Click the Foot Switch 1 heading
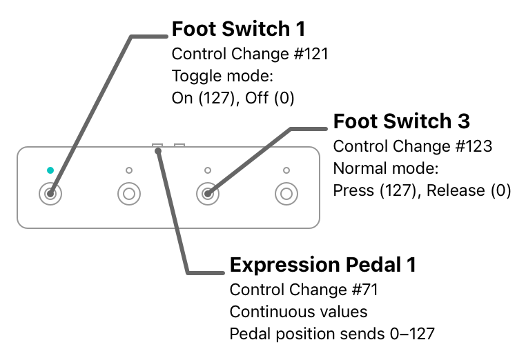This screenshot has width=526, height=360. click(x=239, y=30)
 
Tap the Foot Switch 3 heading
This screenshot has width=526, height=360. click(x=402, y=121)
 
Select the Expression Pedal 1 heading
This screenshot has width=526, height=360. click(x=323, y=265)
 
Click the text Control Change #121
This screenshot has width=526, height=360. click(x=250, y=54)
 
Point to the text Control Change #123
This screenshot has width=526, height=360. click(x=412, y=146)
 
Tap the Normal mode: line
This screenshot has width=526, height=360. click(x=386, y=168)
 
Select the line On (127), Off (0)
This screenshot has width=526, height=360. click(x=233, y=98)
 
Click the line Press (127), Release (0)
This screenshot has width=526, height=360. click(x=422, y=190)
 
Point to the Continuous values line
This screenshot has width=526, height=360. click(x=299, y=312)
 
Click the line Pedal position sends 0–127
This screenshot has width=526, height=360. click(x=332, y=334)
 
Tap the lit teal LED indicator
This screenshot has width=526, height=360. click(x=50, y=170)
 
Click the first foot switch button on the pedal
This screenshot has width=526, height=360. click(x=50, y=194)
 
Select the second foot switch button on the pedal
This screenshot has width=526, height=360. click(x=128, y=194)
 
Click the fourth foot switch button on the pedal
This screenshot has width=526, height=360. click(x=286, y=194)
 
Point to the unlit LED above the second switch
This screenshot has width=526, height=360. click(x=128, y=170)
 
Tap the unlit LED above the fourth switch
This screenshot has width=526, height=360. click(x=286, y=170)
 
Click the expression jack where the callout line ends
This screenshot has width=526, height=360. click(x=158, y=146)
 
